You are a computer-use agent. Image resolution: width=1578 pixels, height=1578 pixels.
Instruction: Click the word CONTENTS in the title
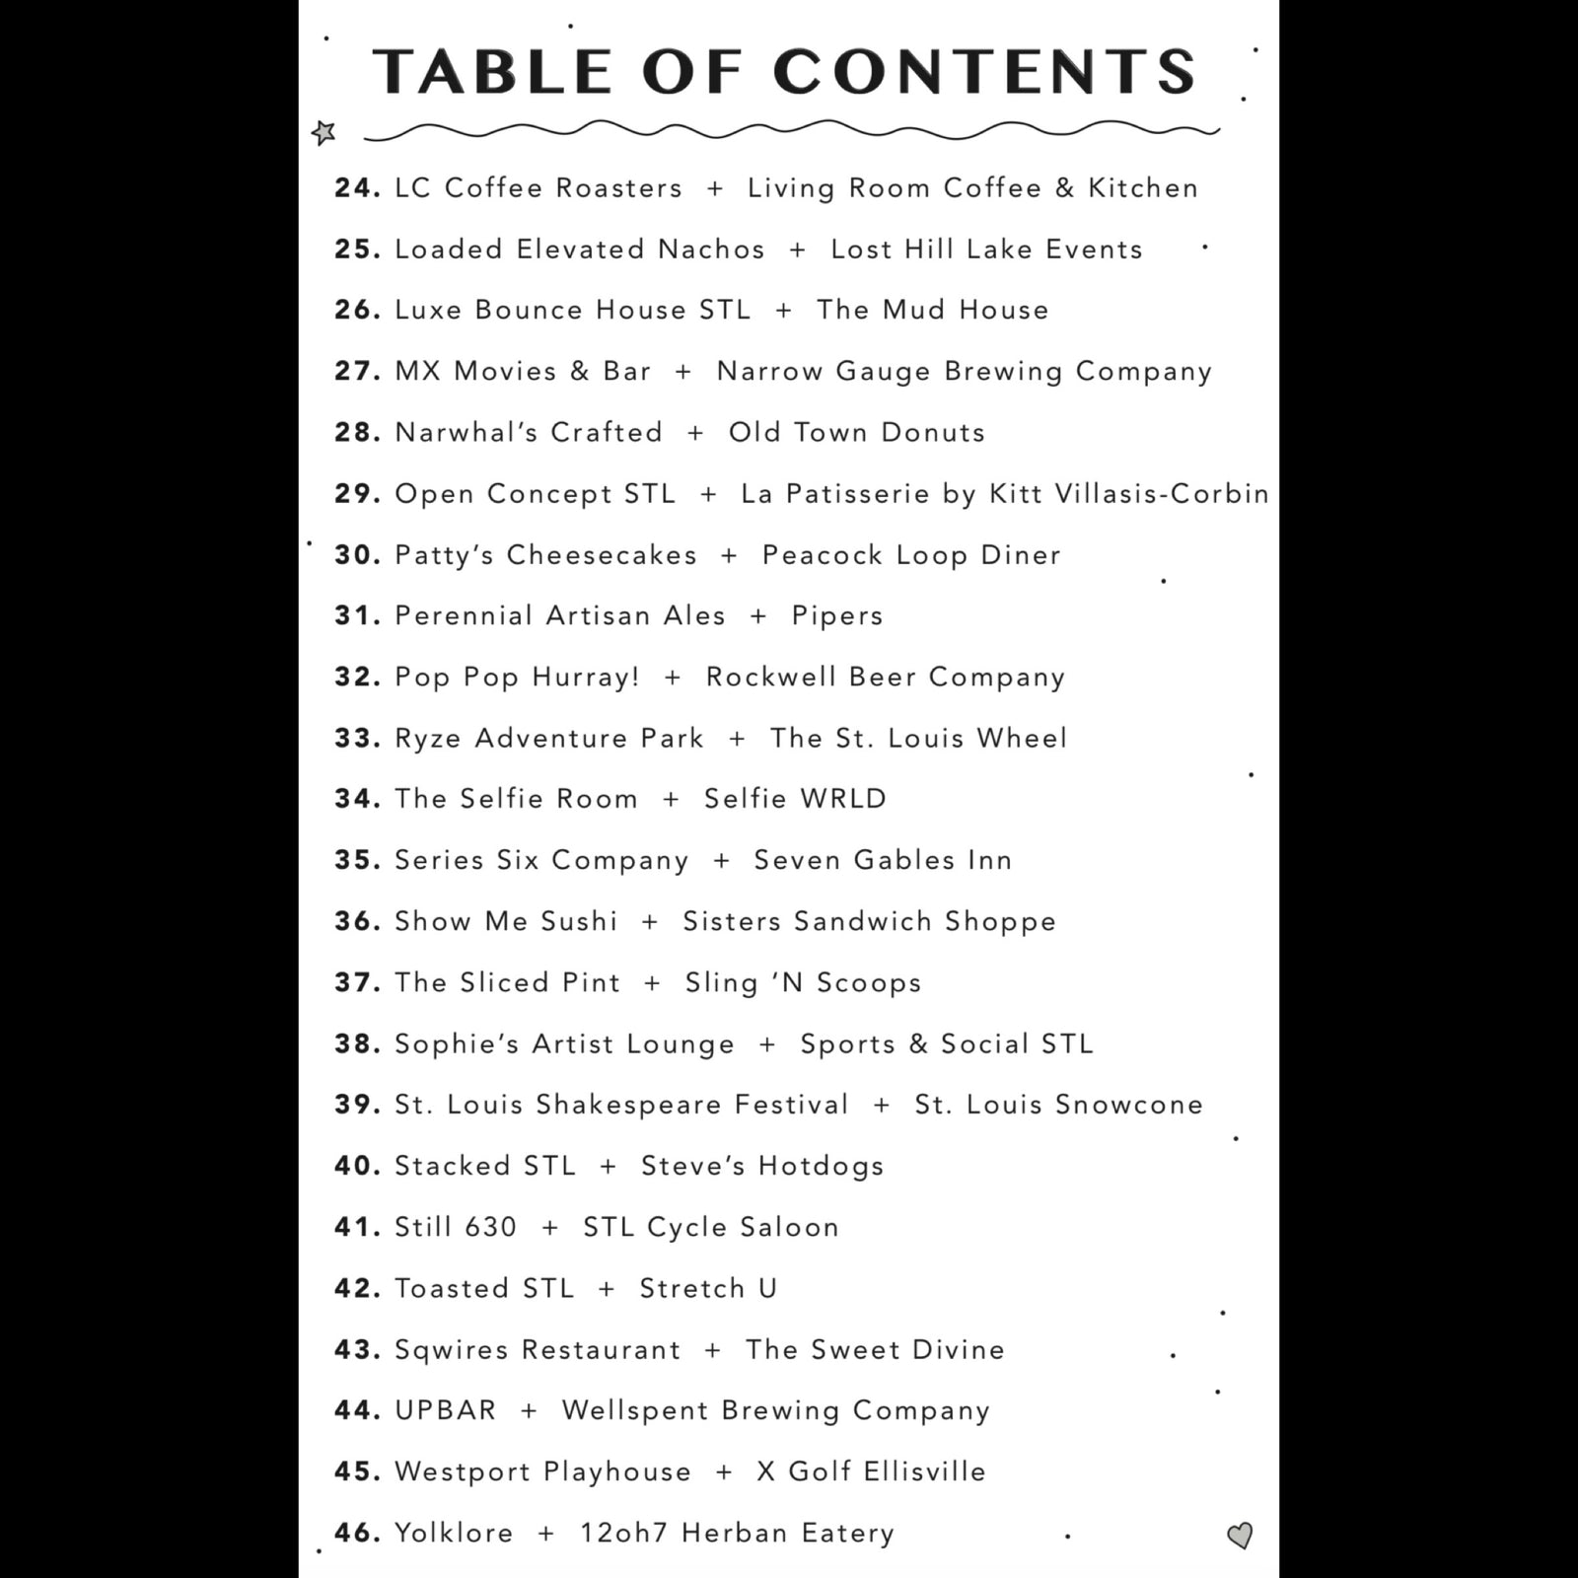click(x=984, y=72)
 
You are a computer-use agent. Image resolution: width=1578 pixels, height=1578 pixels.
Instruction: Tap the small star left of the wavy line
click(x=323, y=131)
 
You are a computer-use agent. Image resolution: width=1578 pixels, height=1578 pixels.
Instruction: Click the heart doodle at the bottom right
click(x=1240, y=1535)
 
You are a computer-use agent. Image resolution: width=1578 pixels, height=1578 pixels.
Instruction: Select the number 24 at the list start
click(x=356, y=187)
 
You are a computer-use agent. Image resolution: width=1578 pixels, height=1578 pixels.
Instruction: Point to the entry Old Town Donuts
click(x=856, y=432)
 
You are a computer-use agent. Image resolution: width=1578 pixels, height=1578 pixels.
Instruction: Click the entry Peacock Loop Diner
click(x=911, y=554)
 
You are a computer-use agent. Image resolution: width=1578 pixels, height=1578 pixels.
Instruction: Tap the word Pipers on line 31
click(x=836, y=615)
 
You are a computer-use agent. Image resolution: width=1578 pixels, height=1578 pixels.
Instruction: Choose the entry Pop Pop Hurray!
click(x=517, y=677)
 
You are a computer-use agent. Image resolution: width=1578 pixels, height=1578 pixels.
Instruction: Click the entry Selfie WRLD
click(x=795, y=799)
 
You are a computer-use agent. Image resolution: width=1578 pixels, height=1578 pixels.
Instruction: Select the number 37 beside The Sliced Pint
click(x=356, y=982)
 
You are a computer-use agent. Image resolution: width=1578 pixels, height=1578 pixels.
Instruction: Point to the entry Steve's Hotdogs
click(x=762, y=1166)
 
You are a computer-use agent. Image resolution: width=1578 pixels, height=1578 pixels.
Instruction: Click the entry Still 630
click(x=456, y=1227)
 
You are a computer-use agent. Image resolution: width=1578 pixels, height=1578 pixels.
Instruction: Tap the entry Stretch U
click(x=708, y=1288)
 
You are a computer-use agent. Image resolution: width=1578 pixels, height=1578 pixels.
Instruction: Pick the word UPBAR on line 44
click(x=446, y=1410)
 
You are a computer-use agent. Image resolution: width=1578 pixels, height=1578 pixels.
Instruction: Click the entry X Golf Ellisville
click(x=871, y=1471)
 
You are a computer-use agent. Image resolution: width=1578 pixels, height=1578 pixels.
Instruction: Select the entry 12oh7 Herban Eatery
click(x=737, y=1533)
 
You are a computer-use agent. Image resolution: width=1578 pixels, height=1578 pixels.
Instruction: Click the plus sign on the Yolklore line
click(x=546, y=1534)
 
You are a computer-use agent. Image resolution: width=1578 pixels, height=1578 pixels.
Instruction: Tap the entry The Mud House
click(x=932, y=310)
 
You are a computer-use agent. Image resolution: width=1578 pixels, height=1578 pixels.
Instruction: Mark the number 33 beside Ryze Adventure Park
click(x=356, y=738)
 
